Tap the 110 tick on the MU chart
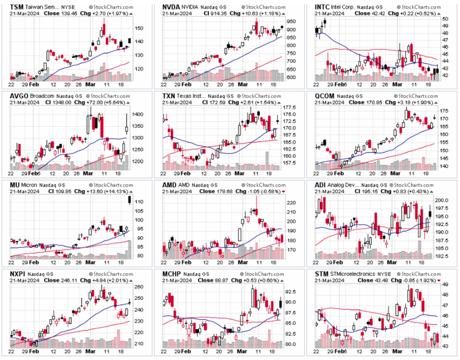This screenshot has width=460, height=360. [138, 201]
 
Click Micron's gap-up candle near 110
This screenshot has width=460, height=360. [129, 201]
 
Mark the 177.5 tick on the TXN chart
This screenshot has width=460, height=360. [291, 107]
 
